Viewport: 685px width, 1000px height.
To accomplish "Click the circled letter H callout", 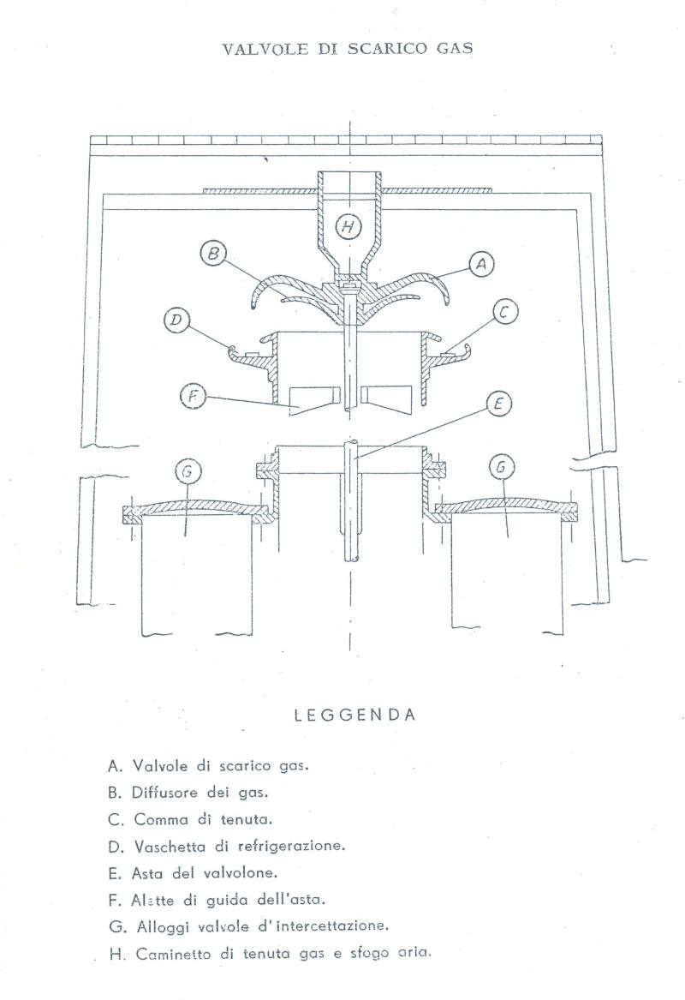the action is pyautogui.click(x=348, y=226).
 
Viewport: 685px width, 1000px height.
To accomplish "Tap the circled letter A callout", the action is pyautogui.click(x=482, y=263).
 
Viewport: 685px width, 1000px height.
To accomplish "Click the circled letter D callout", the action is pyautogui.click(x=176, y=320).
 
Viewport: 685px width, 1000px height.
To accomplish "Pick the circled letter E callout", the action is pyautogui.click(x=498, y=404).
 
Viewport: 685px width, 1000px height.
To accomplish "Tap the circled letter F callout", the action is pyautogui.click(x=192, y=397).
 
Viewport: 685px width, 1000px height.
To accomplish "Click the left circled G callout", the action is pyautogui.click(x=188, y=471).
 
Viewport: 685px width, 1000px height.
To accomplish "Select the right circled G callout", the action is pyautogui.click(x=500, y=469).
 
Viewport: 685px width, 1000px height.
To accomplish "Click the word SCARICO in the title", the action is pyautogui.click(x=388, y=49).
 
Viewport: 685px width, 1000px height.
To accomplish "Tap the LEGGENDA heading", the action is pyautogui.click(x=355, y=715).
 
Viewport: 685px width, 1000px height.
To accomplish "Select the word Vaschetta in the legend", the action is pyautogui.click(x=170, y=847).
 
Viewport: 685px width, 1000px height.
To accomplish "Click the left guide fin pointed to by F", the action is pyautogui.click(x=313, y=400).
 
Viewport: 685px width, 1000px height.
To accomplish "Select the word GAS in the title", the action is pyautogui.click(x=455, y=49).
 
